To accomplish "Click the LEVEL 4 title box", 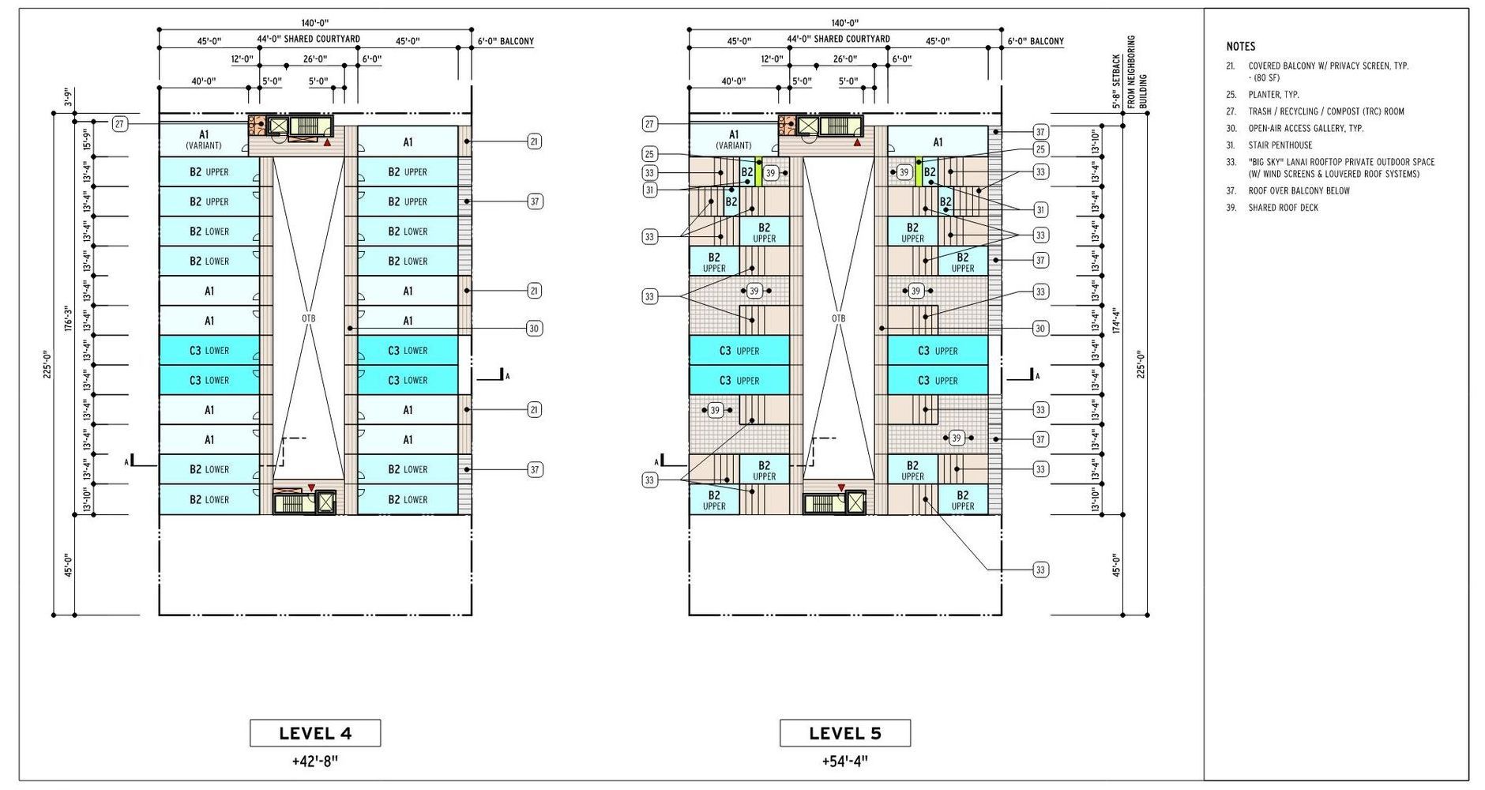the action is tap(315, 733).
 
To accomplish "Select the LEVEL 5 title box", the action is tap(845, 733).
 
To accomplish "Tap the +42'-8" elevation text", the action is tap(315, 762).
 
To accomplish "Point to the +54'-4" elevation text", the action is tap(845, 762).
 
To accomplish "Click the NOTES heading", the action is tap(1241, 47).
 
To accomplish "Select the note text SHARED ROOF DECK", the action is tap(1284, 208).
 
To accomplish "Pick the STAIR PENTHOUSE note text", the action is tap(1280, 145).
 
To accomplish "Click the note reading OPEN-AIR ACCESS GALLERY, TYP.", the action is tap(1306, 128).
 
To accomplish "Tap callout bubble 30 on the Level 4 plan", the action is tap(535, 329).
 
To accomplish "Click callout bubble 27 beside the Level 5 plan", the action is tap(650, 124).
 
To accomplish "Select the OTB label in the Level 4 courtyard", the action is tap(309, 319).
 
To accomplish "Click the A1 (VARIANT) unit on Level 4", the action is tap(204, 140).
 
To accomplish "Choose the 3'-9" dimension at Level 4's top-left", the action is tap(68, 97).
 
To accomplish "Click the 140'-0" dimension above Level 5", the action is tap(844, 23).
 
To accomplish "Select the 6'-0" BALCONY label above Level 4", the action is tap(506, 41).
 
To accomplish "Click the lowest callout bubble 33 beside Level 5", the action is tap(1041, 570).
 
